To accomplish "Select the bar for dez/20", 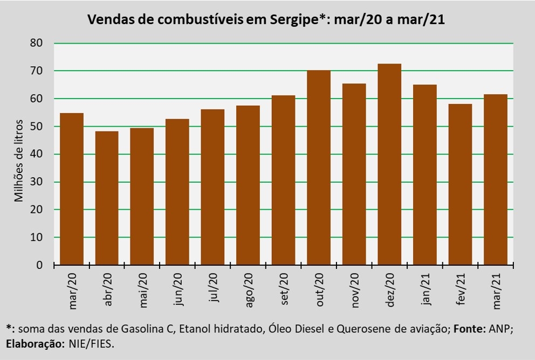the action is pos(389,164).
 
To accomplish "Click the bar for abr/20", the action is pos(107,198).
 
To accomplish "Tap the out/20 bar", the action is pos(319,168).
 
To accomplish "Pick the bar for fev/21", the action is pos(460,184).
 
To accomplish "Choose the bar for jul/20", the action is pos(212,187).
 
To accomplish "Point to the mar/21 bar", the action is pos(496,179).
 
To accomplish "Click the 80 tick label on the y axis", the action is pos(36,43).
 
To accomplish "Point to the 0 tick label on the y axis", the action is pos(39,265).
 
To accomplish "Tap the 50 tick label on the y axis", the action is pos(36,126).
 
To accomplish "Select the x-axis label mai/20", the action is pos(143,290).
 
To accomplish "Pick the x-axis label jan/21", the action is pos(426,289).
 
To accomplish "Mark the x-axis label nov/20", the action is pos(355,290).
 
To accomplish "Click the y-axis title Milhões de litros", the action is pos(18,161).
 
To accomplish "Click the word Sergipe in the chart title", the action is pos(294,20).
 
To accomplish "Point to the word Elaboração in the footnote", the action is pos(36,344).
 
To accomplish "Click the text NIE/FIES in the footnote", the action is pos(92,344).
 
